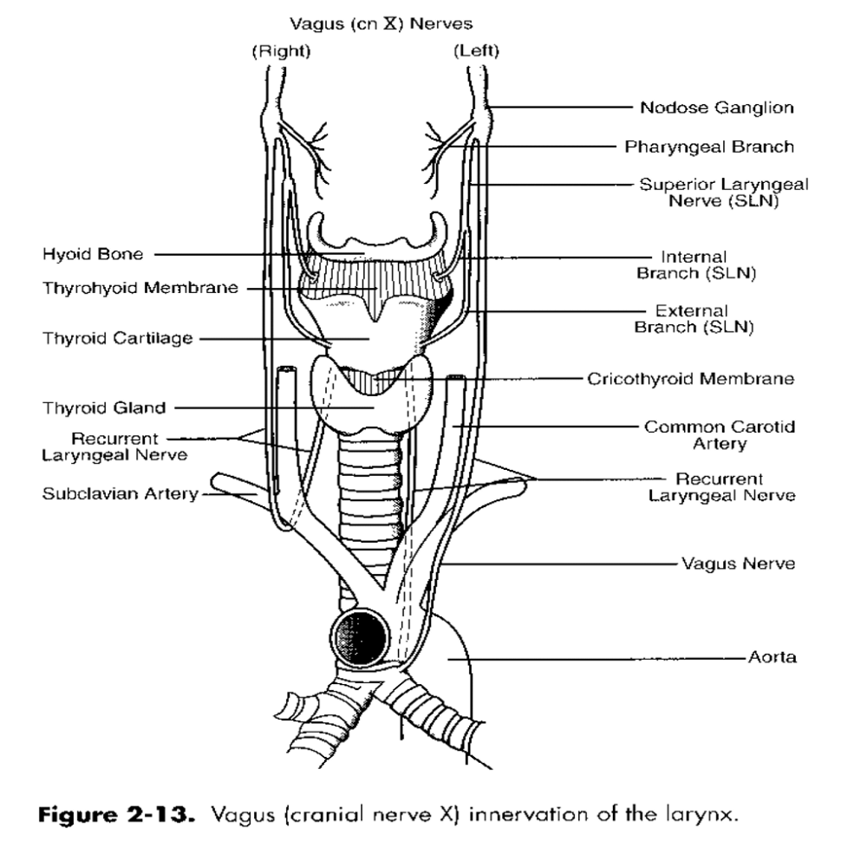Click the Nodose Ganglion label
point(717,108)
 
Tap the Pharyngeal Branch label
point(709,147)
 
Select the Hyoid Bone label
point(93,254)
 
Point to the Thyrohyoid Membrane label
point(140,288)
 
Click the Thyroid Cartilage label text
point(118,338)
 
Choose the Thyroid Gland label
point(104,408)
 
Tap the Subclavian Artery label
point(120,493)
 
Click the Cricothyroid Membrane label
point(691,379)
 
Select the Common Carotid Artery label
point(720,435)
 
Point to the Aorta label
point(772,657)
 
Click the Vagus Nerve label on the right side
point(738,564)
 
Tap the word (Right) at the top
point(282,51)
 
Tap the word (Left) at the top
point(476,51)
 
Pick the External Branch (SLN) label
point(694,319)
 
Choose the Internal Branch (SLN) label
point(696,264)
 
